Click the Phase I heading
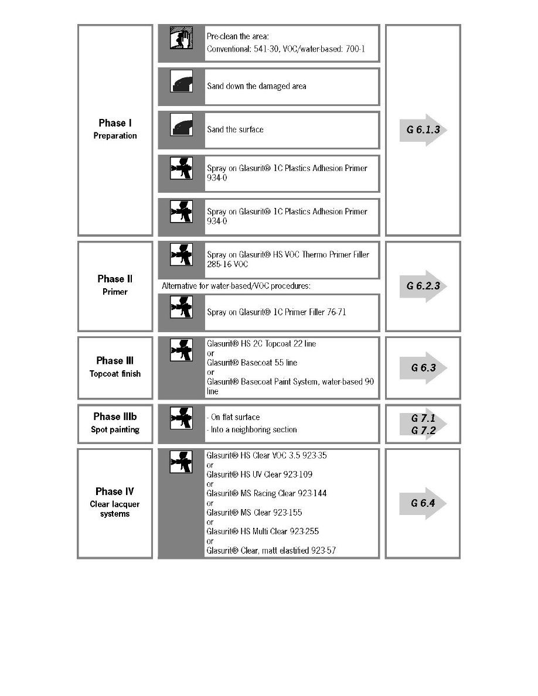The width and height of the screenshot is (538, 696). [114, 123]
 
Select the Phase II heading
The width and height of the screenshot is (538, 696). [115, 279]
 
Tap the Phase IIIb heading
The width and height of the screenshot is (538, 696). [115, 417]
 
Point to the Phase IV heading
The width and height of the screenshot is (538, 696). [115, 492]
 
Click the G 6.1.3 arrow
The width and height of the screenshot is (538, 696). [423, 129]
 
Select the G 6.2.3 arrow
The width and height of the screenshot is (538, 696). [423, 286]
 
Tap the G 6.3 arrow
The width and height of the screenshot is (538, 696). [423, 368]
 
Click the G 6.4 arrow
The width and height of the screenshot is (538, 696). [423, 503]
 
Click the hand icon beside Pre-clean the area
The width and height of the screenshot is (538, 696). [181, 39]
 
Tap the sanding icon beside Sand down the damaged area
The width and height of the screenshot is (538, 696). [181, 83]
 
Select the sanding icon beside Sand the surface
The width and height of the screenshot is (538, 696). [181, 126]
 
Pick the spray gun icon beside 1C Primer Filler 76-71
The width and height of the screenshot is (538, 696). [181, 308]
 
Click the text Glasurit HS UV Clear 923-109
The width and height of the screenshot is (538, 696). [263, 474]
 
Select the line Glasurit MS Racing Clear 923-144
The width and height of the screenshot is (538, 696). [267, 493]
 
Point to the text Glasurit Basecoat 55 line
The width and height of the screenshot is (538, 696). [252, 363]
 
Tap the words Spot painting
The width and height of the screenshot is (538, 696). [115, 429]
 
